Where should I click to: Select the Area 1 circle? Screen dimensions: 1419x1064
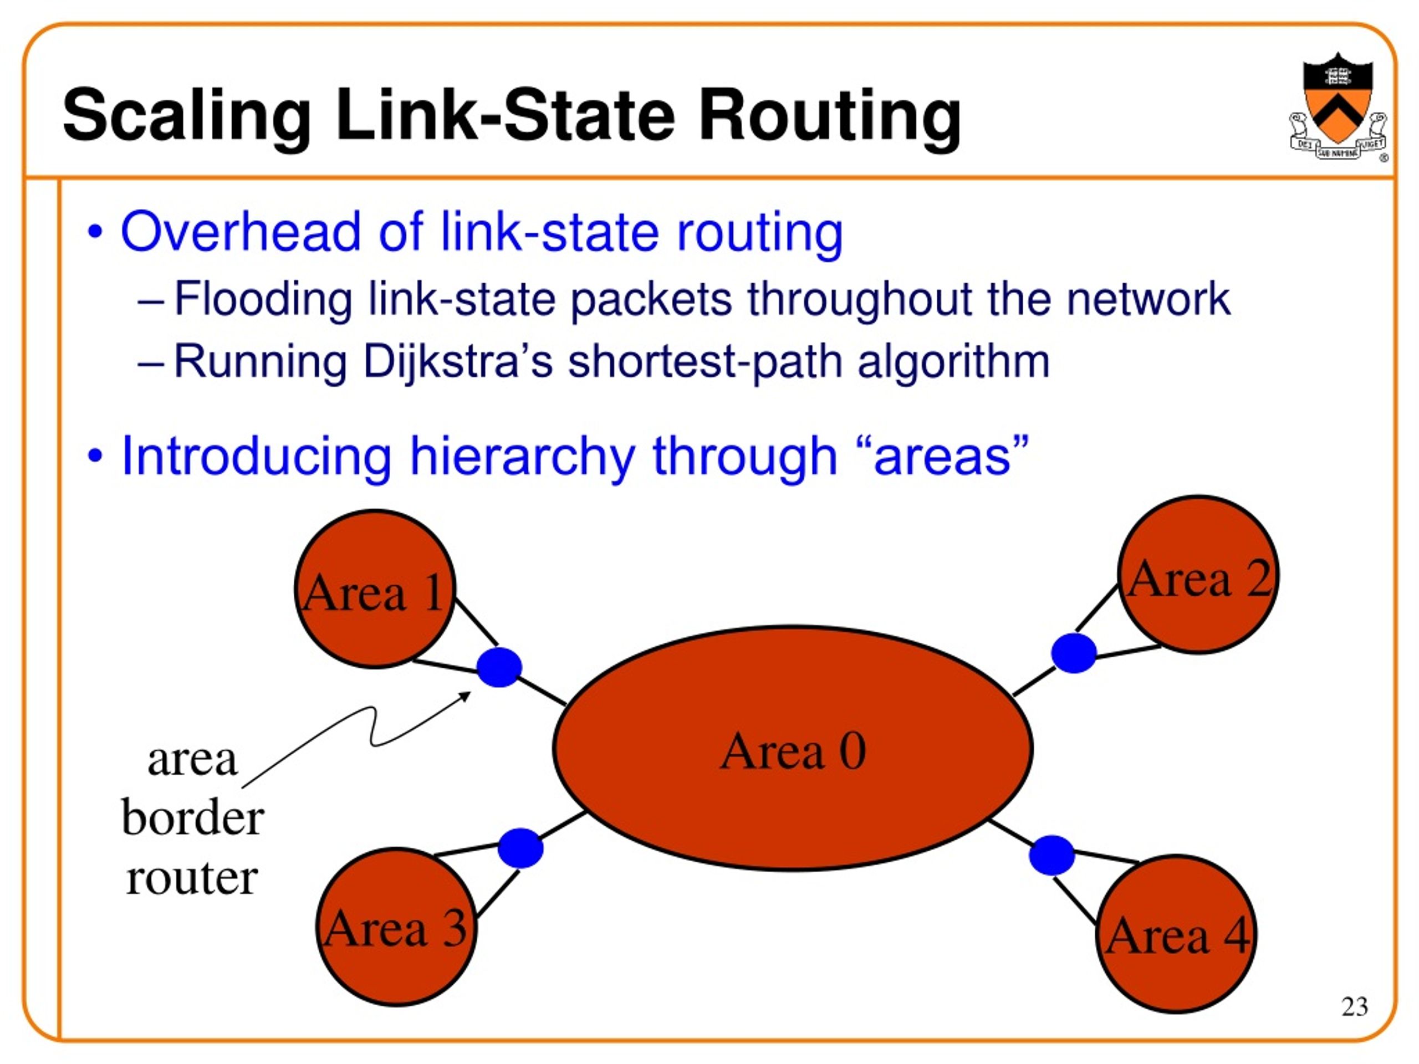[x=375, y=589]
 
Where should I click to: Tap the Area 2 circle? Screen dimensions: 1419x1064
[x=1198, y=575]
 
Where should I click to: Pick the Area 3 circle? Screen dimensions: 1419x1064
[x=396, y=927]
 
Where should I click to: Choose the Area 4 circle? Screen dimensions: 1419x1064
[x=1176, y=934]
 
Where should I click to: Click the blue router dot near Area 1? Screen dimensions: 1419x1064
[x=499, y=667]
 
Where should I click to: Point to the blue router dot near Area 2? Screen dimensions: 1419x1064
[x=1074, y=653]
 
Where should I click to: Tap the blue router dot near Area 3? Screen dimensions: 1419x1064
[x=521, y=848]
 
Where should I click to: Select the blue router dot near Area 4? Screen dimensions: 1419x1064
[x=1052, y=855]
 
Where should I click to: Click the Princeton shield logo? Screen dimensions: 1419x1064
[x=1338, y=106]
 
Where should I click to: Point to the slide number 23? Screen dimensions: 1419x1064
[x=1354, y=1006]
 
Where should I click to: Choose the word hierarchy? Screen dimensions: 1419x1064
[x=522, y=457]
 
